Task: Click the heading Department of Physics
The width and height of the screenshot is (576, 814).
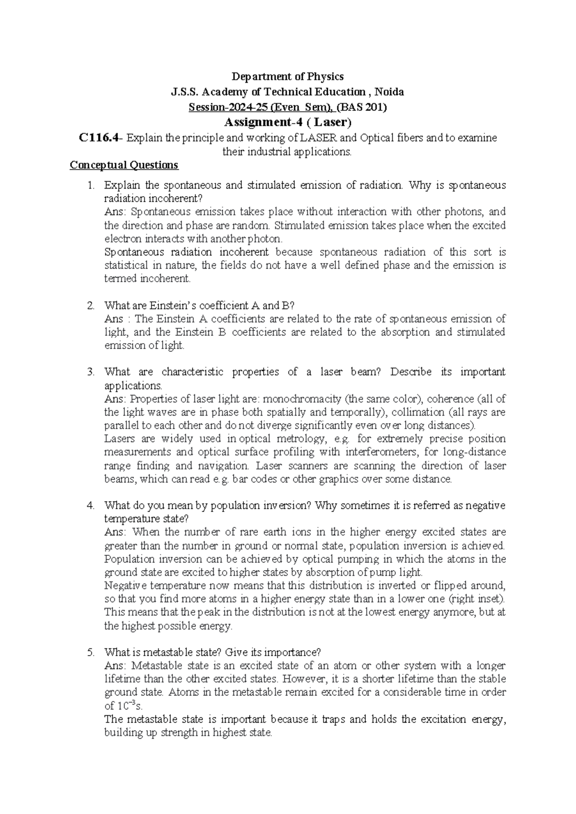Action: [x=288, y=76]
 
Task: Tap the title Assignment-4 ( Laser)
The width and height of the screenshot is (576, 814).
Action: [x=288, y=122]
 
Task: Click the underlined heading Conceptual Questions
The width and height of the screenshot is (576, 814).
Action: [x=124, y=165]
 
